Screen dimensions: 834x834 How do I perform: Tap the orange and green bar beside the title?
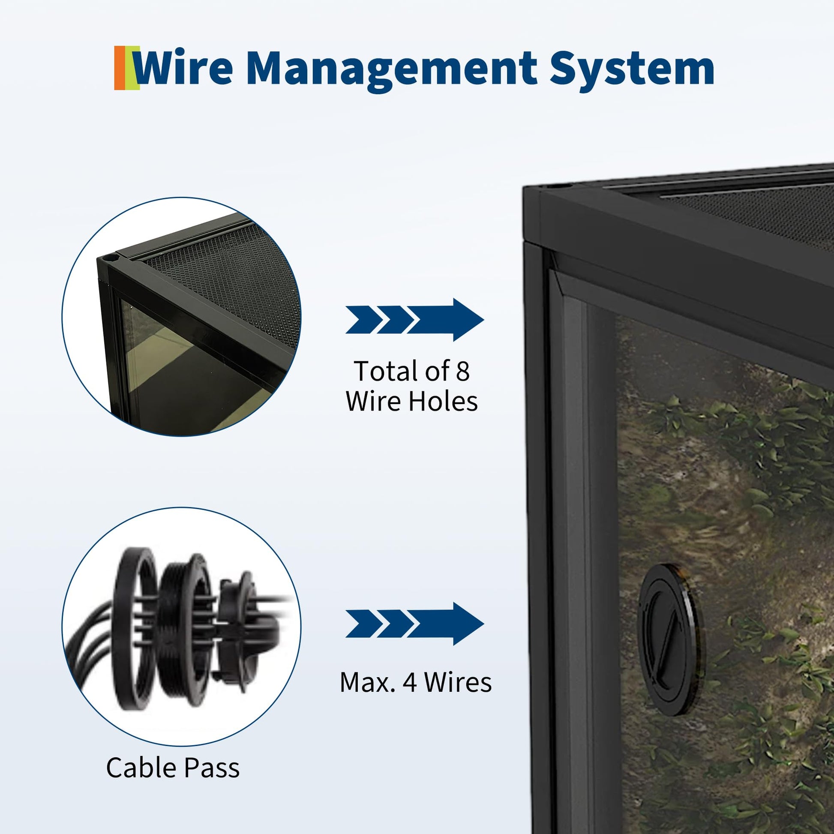pyautogui.click(x=126, y=68)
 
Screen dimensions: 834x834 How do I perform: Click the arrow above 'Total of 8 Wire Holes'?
pyautogui.click(x=414, y=320)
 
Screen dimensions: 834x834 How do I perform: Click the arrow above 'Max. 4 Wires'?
pyautogui.click(x=414, y=624)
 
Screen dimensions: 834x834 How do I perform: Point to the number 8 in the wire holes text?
pyautogui.click(x=462, y=371)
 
